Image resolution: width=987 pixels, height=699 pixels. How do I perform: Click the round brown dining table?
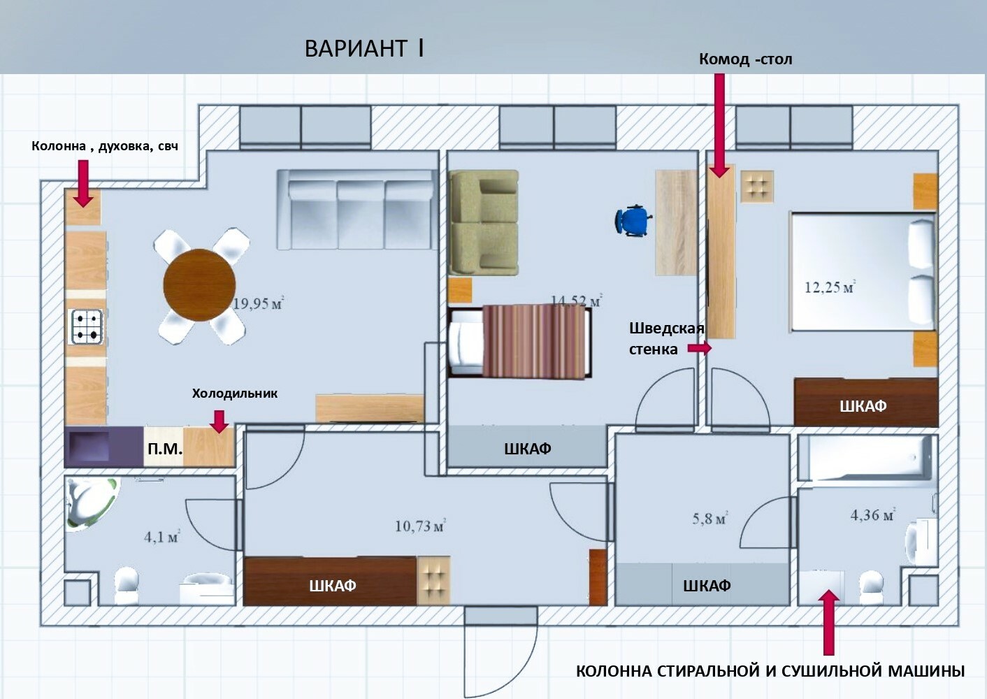[x=200, y=285]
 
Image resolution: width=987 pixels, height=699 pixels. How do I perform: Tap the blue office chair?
[x=633, y=221]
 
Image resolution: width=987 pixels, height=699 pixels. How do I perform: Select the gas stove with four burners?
[x=87, y=326]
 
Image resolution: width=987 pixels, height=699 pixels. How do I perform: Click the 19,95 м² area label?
[x=259, y=303]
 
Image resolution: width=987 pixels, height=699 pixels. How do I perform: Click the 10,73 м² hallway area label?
[x=420, y=526]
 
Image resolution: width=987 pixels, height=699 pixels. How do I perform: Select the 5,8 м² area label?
[x=710, y=518]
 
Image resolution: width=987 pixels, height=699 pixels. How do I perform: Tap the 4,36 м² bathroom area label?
[x=872, y=514]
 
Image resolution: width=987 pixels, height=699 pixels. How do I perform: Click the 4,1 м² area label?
[x=161, y=537]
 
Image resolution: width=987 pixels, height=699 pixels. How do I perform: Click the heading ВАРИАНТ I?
[x=364, y=48]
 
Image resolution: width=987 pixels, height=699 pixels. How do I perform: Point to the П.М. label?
[x=165, y=449]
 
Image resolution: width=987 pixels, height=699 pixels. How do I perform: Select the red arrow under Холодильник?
[x=219, y=421]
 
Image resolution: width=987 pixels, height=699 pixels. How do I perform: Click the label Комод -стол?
[x=746, y=59]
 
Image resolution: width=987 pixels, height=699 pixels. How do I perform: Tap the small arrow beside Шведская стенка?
[x=700, y=348]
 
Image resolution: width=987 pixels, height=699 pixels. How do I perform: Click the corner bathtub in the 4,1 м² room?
[x=92, y=503]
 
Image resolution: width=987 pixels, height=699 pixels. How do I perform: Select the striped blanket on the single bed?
[x=535, y=342]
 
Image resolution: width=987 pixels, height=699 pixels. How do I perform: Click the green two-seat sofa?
[x=484, y=222]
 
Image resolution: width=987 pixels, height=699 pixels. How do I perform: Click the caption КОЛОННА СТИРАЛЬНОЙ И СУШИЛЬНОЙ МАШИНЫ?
[x=770, y=671]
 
